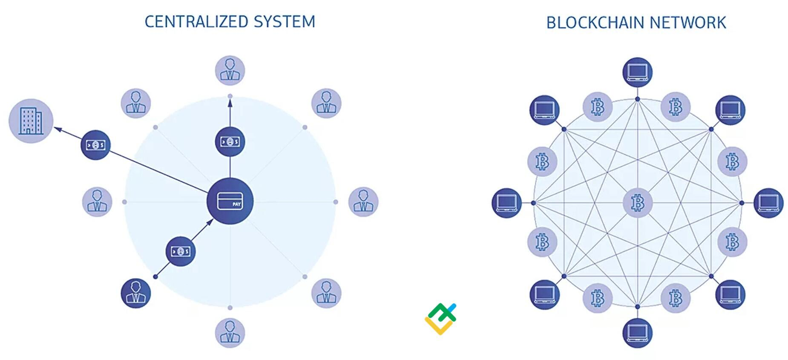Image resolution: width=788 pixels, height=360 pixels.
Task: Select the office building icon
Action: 31,121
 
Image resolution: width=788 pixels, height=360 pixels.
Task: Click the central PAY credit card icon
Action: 230,201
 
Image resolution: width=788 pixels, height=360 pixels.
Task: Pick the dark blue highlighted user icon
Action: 136,293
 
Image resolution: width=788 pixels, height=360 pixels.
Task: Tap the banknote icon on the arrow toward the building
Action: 95,145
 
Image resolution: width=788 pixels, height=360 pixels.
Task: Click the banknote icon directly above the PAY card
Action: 230,141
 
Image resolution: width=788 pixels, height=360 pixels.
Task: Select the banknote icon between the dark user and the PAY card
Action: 181,251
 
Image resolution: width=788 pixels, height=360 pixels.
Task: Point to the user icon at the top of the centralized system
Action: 230,70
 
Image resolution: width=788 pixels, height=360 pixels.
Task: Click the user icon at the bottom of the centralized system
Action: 230,333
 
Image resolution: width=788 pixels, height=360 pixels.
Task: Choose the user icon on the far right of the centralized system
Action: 363,202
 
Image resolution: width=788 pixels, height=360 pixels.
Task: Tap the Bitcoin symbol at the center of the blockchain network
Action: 638,203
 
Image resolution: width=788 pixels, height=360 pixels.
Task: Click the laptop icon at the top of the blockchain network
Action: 638,72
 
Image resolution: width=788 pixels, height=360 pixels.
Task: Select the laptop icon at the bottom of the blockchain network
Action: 638,333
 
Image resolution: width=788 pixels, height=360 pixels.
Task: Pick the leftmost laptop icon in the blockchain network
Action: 507,203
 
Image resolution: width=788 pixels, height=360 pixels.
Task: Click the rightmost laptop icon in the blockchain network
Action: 768,203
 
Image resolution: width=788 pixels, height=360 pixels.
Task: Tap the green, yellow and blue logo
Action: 440,319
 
